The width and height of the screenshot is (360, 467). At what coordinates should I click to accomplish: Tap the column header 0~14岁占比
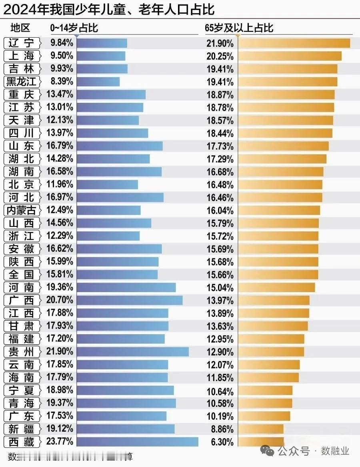(74, 28)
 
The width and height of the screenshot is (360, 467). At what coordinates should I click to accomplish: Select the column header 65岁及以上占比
(239, 28)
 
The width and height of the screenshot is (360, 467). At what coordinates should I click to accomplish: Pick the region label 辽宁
(22, 43)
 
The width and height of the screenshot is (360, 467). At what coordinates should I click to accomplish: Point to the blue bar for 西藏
(137, 442)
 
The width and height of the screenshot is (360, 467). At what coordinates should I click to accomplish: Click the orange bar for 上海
(290, 56)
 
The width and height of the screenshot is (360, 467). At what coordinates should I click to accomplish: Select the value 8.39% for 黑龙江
(62, 82)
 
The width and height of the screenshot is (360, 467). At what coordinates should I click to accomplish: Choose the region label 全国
(22, 275)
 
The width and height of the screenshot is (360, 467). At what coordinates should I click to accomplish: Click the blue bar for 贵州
(132, 352)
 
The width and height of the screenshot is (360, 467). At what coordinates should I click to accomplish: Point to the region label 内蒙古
(22, 210)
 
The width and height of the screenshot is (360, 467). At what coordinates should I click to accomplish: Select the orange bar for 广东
(264, 416)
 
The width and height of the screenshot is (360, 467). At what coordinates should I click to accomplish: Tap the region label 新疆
(22, 429)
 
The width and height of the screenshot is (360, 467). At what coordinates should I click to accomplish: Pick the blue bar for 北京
(107, 184)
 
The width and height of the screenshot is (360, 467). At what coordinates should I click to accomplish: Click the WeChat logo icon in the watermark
(267, 451)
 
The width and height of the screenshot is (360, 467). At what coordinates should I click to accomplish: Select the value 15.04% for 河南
(220, 288)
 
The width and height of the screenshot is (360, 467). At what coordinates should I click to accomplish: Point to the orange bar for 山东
(283, 146)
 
